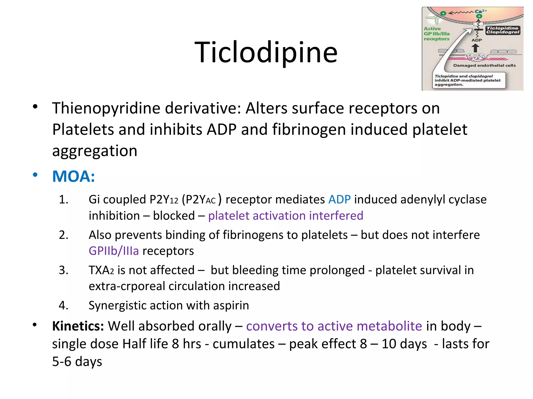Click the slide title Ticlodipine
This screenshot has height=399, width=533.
(266, 52)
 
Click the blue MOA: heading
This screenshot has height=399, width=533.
(73, 176)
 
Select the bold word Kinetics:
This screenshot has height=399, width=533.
(78, 326)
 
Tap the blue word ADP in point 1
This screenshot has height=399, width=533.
(339, 200)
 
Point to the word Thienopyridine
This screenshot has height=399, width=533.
(106, 108)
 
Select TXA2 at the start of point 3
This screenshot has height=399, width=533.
(101, 270)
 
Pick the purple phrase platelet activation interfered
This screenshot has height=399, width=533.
(285, 216)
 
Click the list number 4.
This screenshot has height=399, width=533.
(64, 305)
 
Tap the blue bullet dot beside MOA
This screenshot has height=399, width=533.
(35, 175)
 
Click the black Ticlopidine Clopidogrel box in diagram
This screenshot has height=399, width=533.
(503, 30)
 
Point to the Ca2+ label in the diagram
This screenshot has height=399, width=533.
(480, 11)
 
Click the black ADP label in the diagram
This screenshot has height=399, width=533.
(477, 40)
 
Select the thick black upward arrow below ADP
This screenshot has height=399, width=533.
(475, 48)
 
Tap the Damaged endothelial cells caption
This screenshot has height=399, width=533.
(484, 65)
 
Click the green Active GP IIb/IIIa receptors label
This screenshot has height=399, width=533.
(436, 34)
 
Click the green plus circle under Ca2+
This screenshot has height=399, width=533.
(479, 16)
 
